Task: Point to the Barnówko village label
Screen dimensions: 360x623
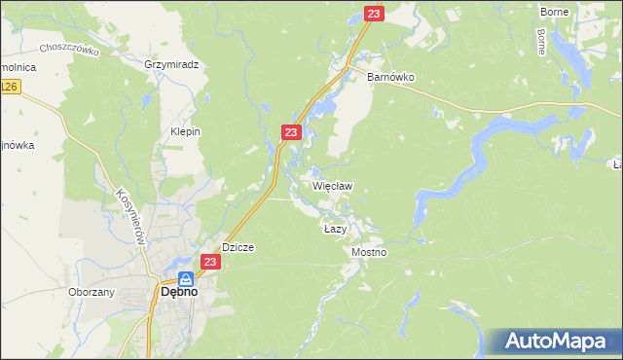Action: [390, 76]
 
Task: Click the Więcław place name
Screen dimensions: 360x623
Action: [331, 185]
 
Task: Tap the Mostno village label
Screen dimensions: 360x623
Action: [369, 252]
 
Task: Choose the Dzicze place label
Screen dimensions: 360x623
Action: [238, 247]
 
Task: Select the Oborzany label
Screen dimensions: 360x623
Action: [92, 292]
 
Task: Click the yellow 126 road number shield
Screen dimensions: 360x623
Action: [9, 88]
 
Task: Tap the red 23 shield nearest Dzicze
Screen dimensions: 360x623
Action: [211, 262]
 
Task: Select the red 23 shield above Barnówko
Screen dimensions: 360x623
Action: [375, 14]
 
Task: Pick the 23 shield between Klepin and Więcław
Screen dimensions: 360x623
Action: [291, 131]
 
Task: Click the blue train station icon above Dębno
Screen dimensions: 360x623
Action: [185, 277]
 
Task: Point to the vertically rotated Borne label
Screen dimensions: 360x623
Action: [541, 41]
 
